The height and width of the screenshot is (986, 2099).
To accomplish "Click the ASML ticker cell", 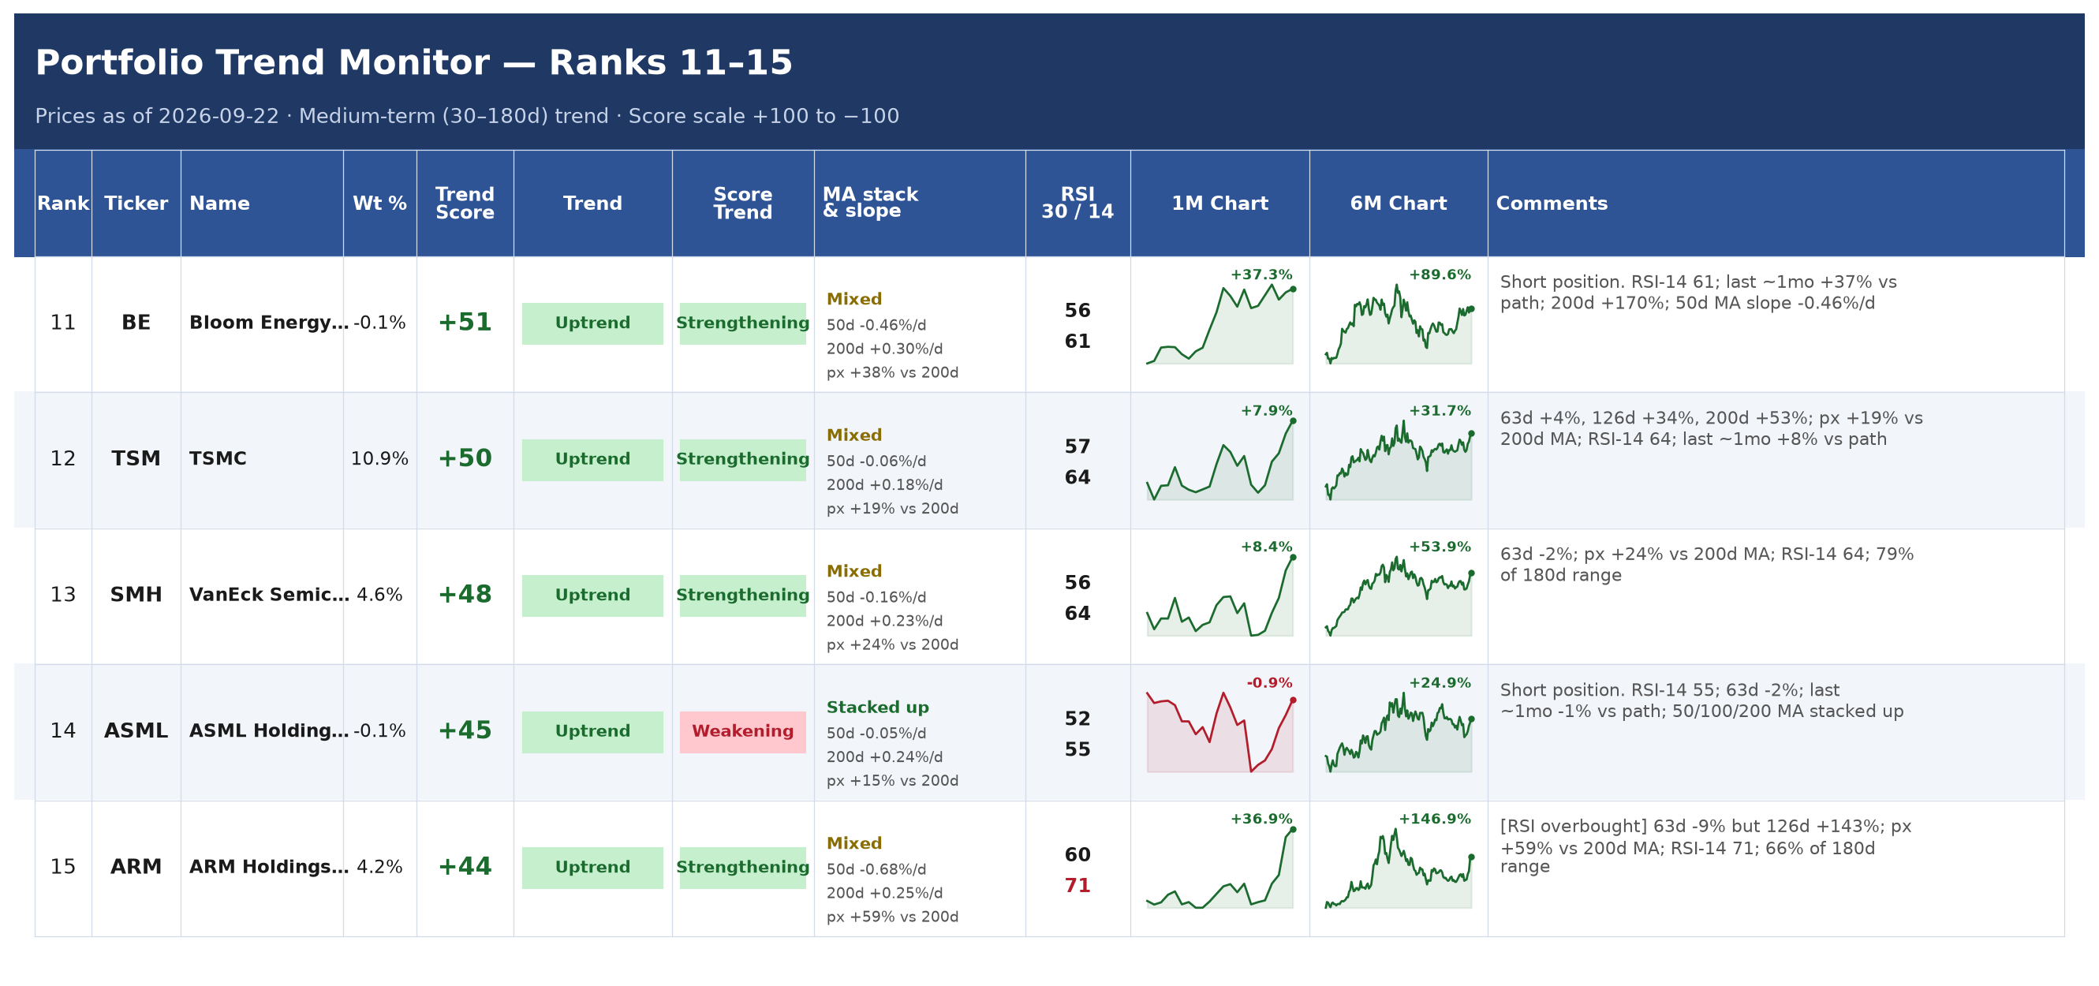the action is click(x=136, y=731).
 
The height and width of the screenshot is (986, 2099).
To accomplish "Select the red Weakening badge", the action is click(x=742, y=732).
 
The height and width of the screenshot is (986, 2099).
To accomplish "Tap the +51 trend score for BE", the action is click(x=465, y=323).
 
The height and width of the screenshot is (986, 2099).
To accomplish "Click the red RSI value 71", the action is click(x=1078, y=886).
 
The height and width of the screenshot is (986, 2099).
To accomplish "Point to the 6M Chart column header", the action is click(x=1399, y=204).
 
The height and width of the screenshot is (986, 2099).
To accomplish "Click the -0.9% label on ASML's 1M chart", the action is click(x=1268, y=683).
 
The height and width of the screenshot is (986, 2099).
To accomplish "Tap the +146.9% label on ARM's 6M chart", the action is click(x=1434, y=819).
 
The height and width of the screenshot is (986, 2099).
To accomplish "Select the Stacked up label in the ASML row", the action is click(x=878, y=708).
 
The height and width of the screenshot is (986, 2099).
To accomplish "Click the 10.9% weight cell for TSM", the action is click(x=379, y=459).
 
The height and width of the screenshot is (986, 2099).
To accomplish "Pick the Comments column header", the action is click(x=1552, y=204).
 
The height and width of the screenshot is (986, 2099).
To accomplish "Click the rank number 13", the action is click(x=63, y=595).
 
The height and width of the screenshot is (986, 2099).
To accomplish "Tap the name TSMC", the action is click(x=218, y=459).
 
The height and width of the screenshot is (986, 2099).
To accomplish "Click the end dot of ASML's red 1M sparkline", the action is click(x=1292, y=700).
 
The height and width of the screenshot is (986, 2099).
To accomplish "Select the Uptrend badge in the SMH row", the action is click(x=592, y=596).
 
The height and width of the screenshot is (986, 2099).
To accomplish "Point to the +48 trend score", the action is click(x=465, y=595).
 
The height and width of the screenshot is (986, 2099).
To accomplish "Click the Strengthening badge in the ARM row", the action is click(x=742, y=868).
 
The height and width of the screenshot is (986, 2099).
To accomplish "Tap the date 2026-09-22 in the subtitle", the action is click(x=218, y=117).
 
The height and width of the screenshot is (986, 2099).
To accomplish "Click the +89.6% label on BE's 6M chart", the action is click(x=1440, y=275).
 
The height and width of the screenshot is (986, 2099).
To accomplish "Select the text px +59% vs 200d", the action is click(x=892, y=917).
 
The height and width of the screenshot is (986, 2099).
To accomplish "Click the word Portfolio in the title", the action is click(x=119, y=64).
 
